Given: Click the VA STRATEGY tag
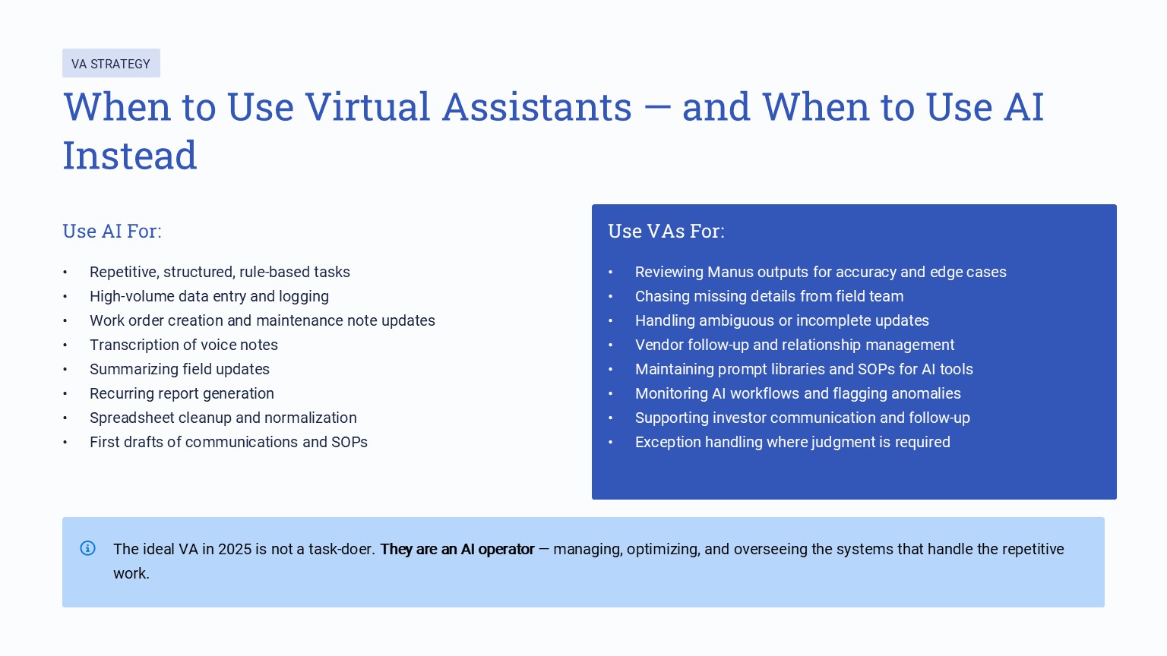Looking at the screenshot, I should pyautogui.click(x=111, y=64).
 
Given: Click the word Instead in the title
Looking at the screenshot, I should pyautogui.click(x=130, y=156).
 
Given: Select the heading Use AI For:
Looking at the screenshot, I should pyautogui.click(x=112, y=232).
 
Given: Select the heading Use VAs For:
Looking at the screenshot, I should pyautogui.click(x=666, y=232).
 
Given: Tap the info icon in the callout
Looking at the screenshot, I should pyautogui.click(x=88, y=548).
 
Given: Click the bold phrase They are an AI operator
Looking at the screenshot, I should pyautogui.click(x=457, y=549).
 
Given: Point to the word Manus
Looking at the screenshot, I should pyautogui.click(x=731, y=272).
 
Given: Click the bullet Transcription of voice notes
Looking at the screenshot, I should pyautogui.click(x=184, y=345).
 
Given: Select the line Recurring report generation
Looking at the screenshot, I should pyautogui.click(x=182, y=393).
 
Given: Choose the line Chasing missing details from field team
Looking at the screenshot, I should pyautogui.click(x=769, y=296).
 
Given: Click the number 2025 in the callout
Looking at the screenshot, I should pyautogui.click(x=235, y=549).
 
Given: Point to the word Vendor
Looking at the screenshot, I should pyautogui.click(x=659, y=345).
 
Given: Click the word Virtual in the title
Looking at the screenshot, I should pyautogui.click(x=367, y=107).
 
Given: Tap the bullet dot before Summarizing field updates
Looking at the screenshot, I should pyautogui.click(x=65, y=370).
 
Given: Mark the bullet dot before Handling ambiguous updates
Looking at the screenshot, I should pyautogui.click(x=610, y=321).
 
